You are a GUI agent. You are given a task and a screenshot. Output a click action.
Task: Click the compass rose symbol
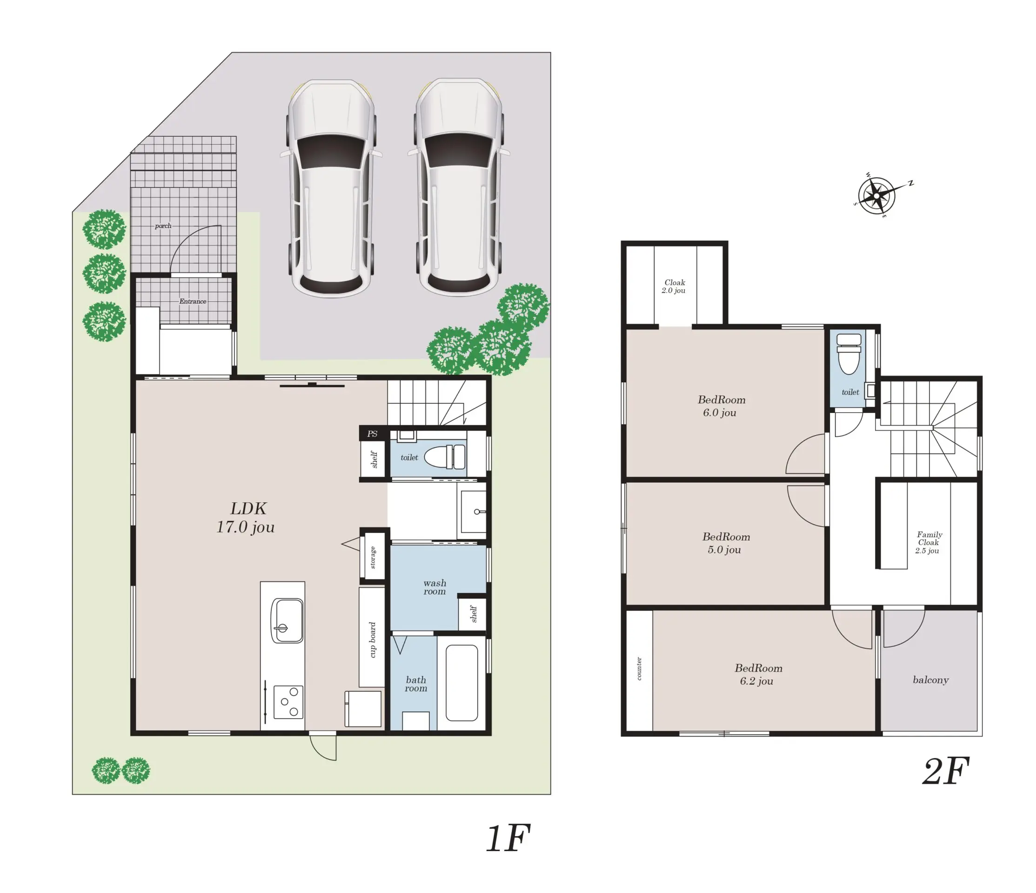tap(877, 195)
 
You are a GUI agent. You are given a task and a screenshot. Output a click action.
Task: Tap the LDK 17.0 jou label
tap(246, 518)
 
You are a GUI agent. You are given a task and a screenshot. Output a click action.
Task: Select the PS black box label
tap(372, 433)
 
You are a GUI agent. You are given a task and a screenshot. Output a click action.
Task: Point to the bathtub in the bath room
tap(461, 682)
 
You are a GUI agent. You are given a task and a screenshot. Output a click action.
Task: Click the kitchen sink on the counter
tap(287, 620)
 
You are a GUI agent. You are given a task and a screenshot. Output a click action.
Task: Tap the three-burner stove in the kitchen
tap(288, 702)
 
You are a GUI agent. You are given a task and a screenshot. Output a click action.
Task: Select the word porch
tap(163, 226)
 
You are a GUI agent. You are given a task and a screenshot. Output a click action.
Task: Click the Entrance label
tap(193, 301)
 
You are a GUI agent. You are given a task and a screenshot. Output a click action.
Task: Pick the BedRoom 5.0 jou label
tap(726, 543)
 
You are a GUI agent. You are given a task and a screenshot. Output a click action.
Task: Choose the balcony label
tap(930, 680)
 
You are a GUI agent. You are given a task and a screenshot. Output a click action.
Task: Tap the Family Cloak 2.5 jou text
tap(929, 542)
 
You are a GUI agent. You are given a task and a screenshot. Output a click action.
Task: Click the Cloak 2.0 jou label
tap(674, 287)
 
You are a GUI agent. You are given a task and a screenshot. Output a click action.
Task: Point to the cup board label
tap(372, 640)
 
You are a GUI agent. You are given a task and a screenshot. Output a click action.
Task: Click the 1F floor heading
tap(508, 839)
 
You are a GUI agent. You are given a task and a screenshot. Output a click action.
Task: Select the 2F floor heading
tap(946, 772)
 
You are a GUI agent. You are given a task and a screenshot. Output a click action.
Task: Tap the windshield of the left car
tap(331, 151)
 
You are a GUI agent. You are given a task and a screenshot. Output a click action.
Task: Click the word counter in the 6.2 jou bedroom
tap(639, 668)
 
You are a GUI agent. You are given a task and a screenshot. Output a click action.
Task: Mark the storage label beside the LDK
tap(373, 557)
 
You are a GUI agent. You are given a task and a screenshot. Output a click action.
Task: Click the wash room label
tap(434, 587)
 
